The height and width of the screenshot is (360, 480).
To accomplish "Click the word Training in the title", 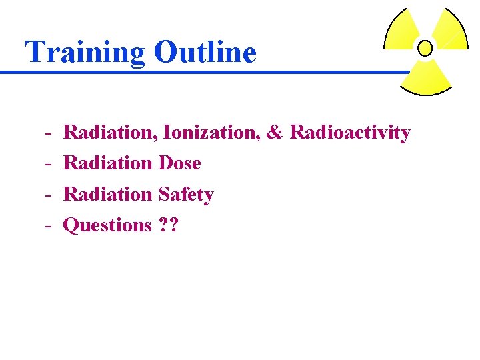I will pyautogui.click(x=85, y=53).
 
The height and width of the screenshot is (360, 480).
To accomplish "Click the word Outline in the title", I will pyautogui.click(x=205, y=51).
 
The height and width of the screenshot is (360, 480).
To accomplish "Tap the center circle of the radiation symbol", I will pyautogui.click(x=424, y=48).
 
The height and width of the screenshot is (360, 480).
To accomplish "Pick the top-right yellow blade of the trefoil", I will pyautogui.click(x=448, y=30).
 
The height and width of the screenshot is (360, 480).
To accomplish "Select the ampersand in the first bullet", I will pyautogui.click(x=274, y=133).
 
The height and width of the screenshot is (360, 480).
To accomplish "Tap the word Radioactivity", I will pyautogui.click(x=350, y=133).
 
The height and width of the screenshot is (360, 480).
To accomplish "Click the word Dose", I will pyautogui.click(x=180, y=163).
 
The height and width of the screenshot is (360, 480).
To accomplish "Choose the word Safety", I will pyautogui.click(x=186, y=195).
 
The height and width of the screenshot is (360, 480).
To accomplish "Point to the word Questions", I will pyautogui.click(x=107, y=225).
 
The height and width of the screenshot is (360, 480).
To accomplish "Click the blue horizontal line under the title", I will pyautogui.click(x=200, y=72).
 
